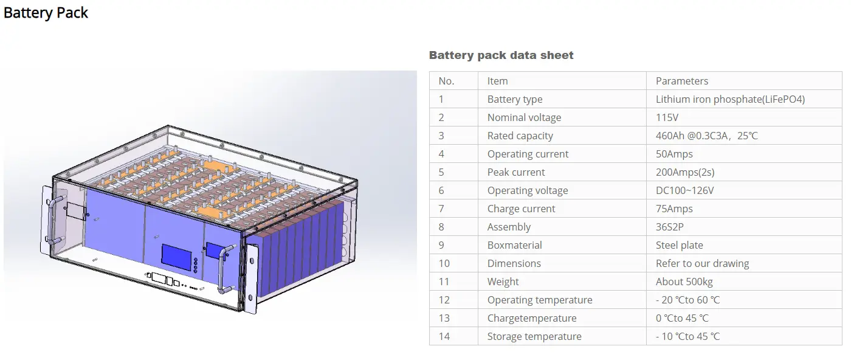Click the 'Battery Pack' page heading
click(x=46, y=13)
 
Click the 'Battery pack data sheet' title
click(x=501, y=55)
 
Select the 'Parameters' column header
click(x=681, y=81)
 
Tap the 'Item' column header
click(x=497, y=81)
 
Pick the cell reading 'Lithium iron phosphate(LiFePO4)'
click(x=730, y=99)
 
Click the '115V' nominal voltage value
click(x=667, y=117)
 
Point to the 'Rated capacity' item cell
click(x=520, y=136)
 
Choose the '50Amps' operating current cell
click(x=674, y=154)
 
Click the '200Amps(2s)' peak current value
click(x=685, y=172)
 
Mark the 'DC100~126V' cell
click(x=684, y=190)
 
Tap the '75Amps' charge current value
click(x=674, y=209)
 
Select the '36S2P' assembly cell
click(x=672, y=227)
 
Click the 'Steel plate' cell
click(x=679, y=245)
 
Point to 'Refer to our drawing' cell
click(x=702, y=263)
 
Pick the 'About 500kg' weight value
click(x=684, y=282)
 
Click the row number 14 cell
click(x=444, y=336)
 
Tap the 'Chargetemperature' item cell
click(x=531, y=318)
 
